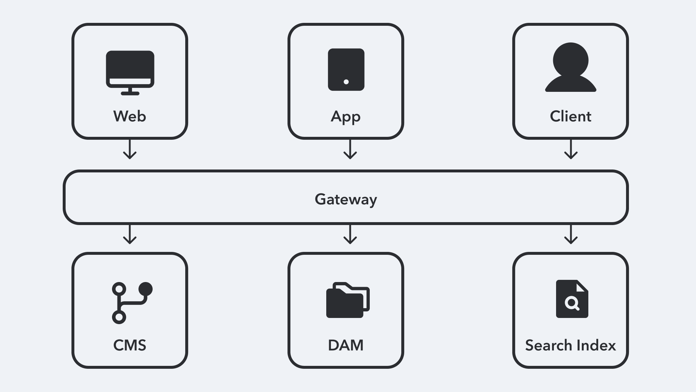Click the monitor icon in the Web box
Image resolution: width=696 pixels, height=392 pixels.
pyautogui.click(x=130, y=72)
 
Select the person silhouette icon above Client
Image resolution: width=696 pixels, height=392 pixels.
pyautogui.click(x=571, y=68)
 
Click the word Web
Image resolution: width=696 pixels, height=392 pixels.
pyautogui.click(x=130, y=117)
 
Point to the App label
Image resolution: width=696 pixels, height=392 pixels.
pyautogui.click(x=346, y=117)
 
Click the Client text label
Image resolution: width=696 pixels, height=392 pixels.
pyautogui.click(x=571, y=117)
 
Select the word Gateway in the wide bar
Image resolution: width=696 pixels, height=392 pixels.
pyautogui.click(x=346, y=199)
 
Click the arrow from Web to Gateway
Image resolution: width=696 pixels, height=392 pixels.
pyautogui.click(x=130, y=149)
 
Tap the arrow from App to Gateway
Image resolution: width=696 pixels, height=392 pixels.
pyautogui.click(x=350, y=149)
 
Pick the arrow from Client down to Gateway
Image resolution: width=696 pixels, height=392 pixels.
pyautogui.click(x=571, y=149)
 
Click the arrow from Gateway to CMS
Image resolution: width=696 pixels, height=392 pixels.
pyautogui.click(x=130, y=234)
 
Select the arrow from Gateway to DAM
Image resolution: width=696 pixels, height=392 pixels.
pyautogui.click(x=350, y=234)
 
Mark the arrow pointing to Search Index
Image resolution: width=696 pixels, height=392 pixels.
pyautogui.click(x=571, y=234)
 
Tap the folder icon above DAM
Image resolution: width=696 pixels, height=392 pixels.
pyautogui.click(x=347, y=300)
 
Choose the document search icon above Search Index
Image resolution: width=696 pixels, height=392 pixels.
pyautogui.click(x=572, y=299)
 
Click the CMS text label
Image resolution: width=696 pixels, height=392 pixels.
pyautogui.click(x=130, y=345)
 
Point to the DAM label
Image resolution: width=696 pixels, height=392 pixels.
pyautogui.click(x=346, y=345)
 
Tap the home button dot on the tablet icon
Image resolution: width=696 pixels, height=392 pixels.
pyautogui.click(x=346, y=82)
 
